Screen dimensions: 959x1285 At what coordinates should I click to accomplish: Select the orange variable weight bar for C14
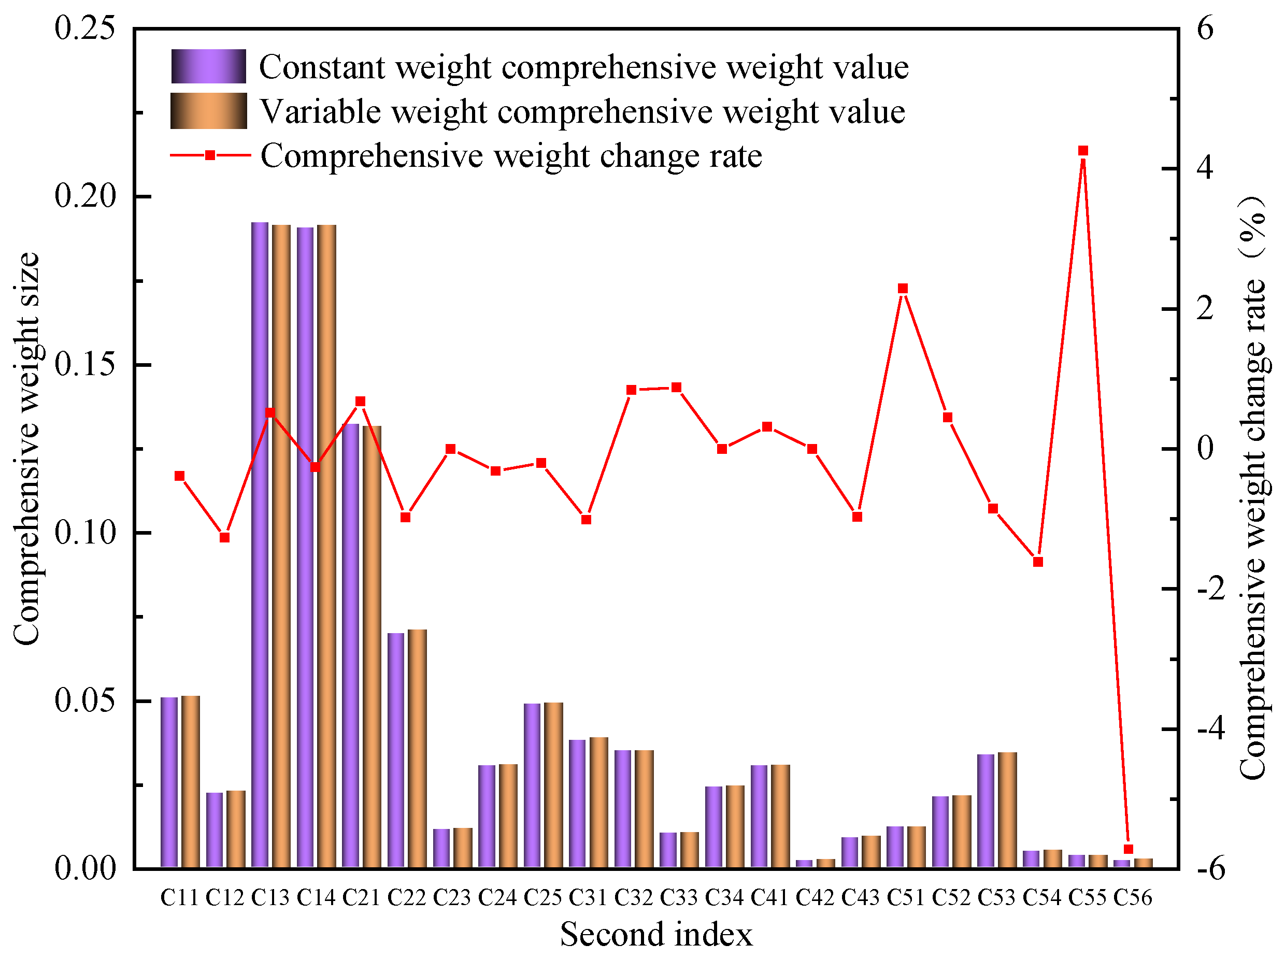point(326,545)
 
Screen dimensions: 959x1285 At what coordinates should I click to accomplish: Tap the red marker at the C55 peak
point(1082,151)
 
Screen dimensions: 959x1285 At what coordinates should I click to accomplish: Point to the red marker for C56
point(1127,849)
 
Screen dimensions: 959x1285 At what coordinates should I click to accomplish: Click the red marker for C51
point(902,289)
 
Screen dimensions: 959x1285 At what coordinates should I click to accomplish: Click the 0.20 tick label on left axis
point(85,196)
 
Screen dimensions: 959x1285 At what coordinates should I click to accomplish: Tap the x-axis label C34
point(724,897)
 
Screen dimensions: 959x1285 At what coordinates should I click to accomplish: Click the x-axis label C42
point(815,897)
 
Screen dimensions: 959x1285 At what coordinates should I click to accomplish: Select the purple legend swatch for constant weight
point(208,66)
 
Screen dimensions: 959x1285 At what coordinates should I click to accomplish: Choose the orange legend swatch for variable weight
point(208,110)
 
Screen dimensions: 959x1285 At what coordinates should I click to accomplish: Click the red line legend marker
point(210,155)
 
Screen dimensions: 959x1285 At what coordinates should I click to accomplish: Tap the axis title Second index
point(656,935)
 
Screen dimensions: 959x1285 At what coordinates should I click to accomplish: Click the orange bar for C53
point(1007,809)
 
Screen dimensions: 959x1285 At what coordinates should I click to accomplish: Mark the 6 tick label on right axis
point(1205,28)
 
